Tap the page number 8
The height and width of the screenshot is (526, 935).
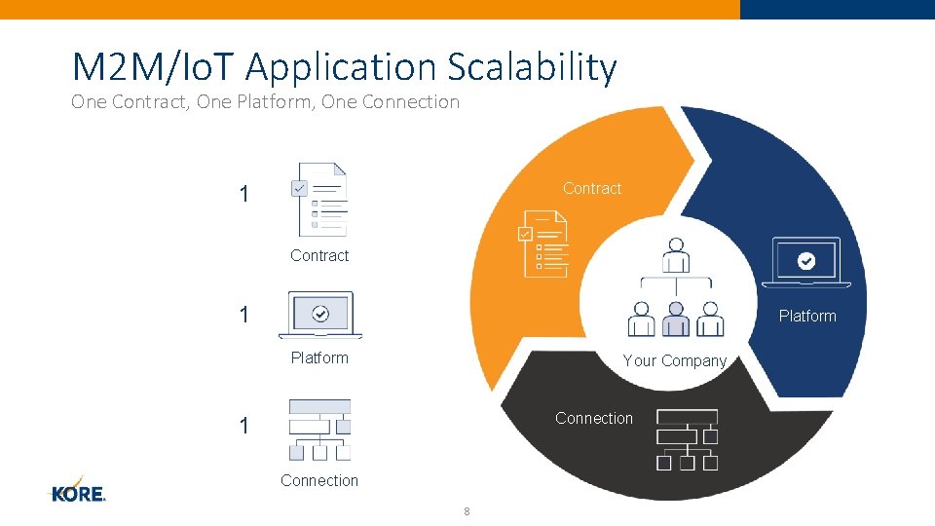pyautogui.click(x=467, y=512)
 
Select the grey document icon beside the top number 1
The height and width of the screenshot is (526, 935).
pyautogui.click(x=319, y=199)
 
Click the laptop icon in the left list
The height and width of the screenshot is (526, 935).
pyautogui.click(x=320, y=315)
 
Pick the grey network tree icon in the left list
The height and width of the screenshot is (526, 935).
pyautogui.click(x=319, y=430)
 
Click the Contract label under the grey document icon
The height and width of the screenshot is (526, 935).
pyautogui.click(x=319, y=256)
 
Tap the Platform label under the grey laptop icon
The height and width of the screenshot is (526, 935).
pyautogui.click(x=319, y=358)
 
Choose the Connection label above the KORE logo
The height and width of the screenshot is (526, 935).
pyautogui.click(x=319, y=480)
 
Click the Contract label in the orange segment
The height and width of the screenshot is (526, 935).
pyautogui.click(x=592, y=189)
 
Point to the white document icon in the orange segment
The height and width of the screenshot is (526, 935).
pyautogui.click(x=543, y=244)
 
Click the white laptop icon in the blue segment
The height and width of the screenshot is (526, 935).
pyautogui.click(x=806, y=262)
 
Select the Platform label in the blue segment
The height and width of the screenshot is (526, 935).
pyautogui.click(x=807, y=316)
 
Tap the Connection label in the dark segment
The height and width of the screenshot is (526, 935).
pyautogui.click(x=594, y=419)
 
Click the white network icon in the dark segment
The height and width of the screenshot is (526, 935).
pyautogui.click(x=688, y=439)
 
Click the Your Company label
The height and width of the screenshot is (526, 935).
pyautogui.click(x=675, y=360)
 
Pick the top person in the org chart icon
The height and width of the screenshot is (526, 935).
pyautogui.click(x=675, y=255)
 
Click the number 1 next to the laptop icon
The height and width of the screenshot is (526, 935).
pyautogui.click(x=243, y=315)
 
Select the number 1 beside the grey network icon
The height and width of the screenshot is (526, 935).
pyautogui.click(x=243, y=426)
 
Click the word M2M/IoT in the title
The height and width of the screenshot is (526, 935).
pyautogui.click(x=156, y=67)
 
